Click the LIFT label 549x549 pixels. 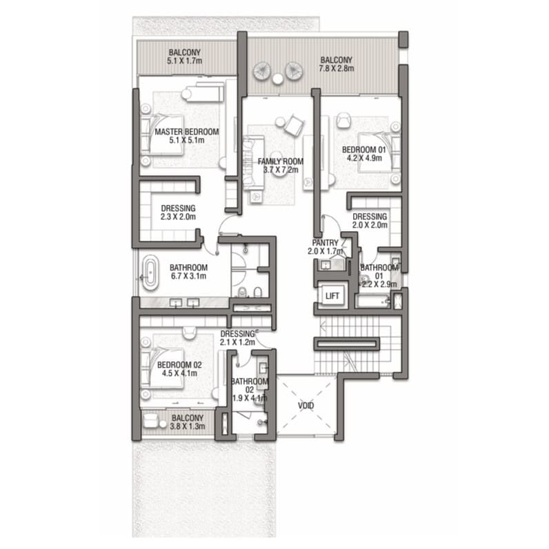pos(332,296)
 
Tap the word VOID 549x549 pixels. pos(306,406)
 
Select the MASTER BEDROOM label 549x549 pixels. pos(187,132)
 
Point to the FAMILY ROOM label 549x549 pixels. pos(281,161)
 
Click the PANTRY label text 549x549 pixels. pos(326,243)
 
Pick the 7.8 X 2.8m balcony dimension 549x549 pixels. pos(336,68)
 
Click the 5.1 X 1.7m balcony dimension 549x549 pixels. pos(185,61)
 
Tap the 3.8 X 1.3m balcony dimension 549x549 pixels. pos(188,426)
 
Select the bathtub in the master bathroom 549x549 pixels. pos(150,272)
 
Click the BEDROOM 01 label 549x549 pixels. pos(363,150)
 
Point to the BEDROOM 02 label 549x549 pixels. pos(179,365)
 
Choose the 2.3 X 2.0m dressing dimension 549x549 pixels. pos(178,217)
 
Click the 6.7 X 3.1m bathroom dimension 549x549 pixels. pos(188,276)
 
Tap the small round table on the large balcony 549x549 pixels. pos(278,79)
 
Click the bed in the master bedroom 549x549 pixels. pos(162,134)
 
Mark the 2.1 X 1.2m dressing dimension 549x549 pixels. pos(237,342)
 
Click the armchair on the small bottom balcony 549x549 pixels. pos(150,421)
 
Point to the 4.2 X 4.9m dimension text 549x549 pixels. pos(364,158)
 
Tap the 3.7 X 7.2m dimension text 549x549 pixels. pos(281,170)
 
